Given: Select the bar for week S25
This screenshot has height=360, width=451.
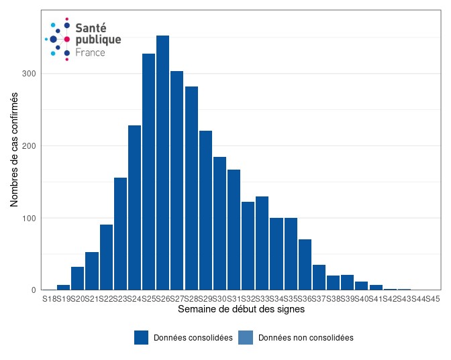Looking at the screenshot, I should click(148, 172).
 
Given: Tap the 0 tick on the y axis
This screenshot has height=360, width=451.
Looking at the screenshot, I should click(33, 290).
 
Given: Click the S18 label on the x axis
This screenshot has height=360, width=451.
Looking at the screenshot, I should click(50, 298).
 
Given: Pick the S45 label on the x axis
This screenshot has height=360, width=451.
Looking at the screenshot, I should click(432, 298).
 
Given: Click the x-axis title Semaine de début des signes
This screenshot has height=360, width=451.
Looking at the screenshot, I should click(241, 310).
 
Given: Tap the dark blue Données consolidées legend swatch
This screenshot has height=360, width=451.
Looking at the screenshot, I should click(141, 338).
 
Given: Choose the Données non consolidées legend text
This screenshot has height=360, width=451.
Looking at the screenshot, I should click(305, 338).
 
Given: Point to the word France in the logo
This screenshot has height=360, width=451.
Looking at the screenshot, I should click(90, 52).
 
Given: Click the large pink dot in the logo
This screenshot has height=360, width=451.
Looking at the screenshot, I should click(67, 40).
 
